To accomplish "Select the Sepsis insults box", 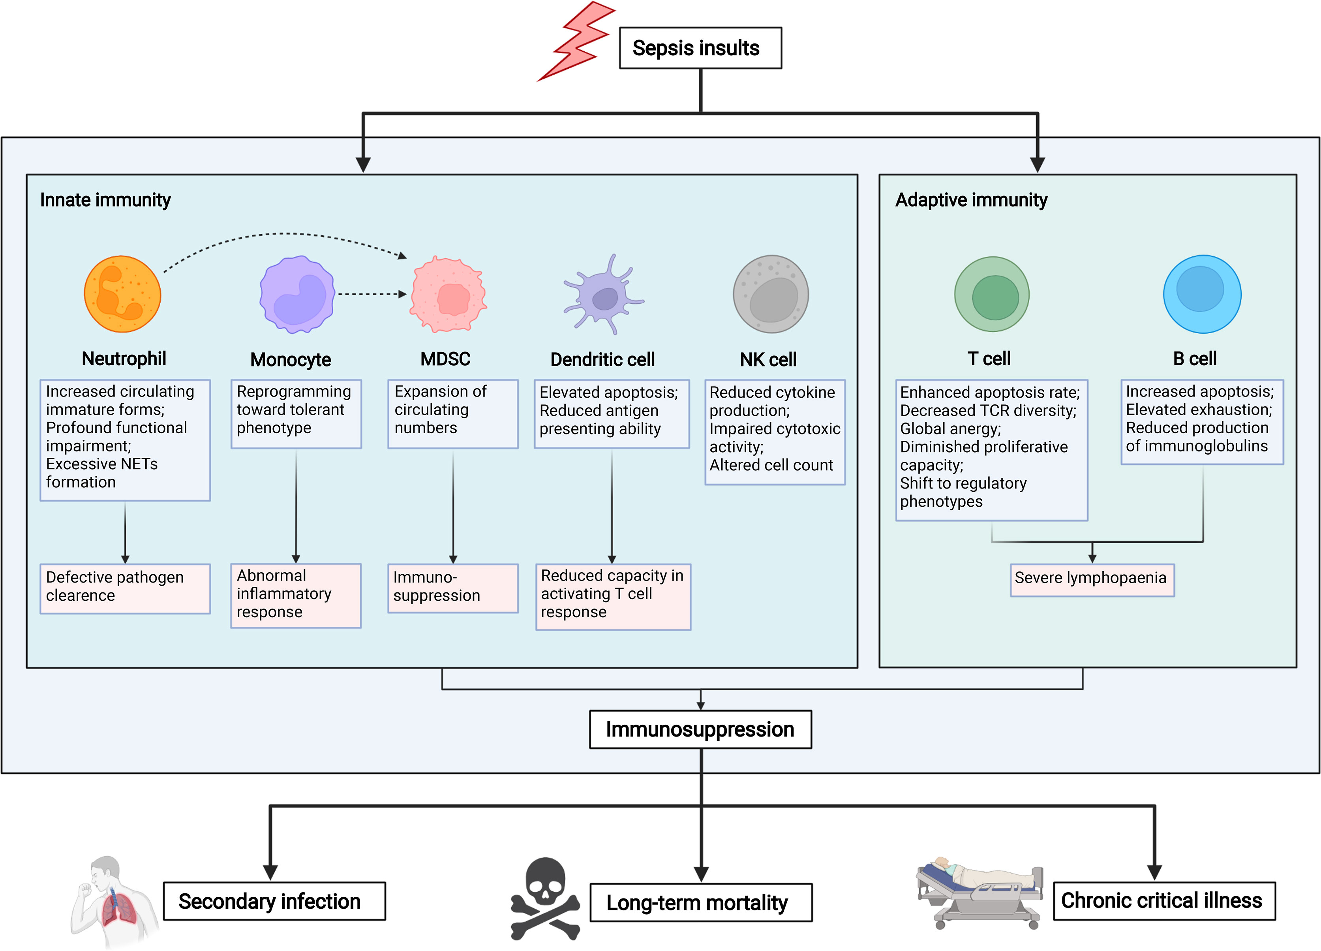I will [700, 48].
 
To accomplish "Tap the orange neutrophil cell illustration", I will [122, 294].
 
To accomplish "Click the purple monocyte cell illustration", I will [297, 294].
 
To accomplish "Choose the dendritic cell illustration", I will [604, 296].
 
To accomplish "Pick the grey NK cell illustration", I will [771, 294].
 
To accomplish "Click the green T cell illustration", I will [991, 294].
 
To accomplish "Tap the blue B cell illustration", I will [1202, 294].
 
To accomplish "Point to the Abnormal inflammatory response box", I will [296, 595].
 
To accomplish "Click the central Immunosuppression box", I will [700, 729].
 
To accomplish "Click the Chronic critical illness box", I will [1164, 900].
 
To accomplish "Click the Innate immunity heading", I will [105, 200].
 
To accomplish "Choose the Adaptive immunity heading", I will [971, 200].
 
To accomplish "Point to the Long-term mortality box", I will [701, 903].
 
